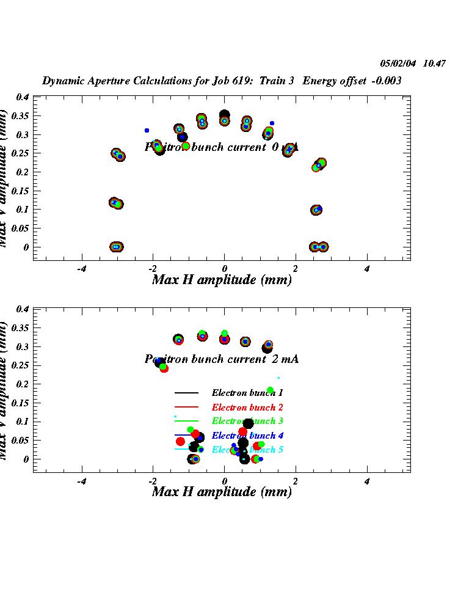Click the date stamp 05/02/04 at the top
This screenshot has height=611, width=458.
pyautogui.click(x=398, y=63)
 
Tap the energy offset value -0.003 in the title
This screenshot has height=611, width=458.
pyautogui.click(x=388, y=81)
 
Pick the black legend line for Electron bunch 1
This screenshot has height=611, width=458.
pyautogui.click(x=187, y=392)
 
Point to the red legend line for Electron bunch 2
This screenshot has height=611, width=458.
pyautogui.click(x=187, y=407)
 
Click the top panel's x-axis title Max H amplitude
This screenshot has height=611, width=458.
pyautogui.click(x=221, y=280)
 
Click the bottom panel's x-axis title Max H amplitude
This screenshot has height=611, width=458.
pyautogui.click(x=221, y=491)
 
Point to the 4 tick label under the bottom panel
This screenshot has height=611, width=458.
pyautogui.click(x=367, y=481)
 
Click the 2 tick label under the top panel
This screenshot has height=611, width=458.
pyautogui.click(x=296, y=269)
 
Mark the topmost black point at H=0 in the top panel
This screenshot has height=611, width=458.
pyautogui.click(x=224, y=114)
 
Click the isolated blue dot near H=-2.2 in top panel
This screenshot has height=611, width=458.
pyautogui.click(x=147, y=130)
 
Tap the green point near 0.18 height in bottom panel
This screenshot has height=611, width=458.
pyautogui.click(x=270, y=390)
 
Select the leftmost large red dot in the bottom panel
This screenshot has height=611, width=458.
pyautogui.click(x=180, y=441)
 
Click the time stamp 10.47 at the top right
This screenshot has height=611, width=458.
pyautogui.click(x=434, y=63)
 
